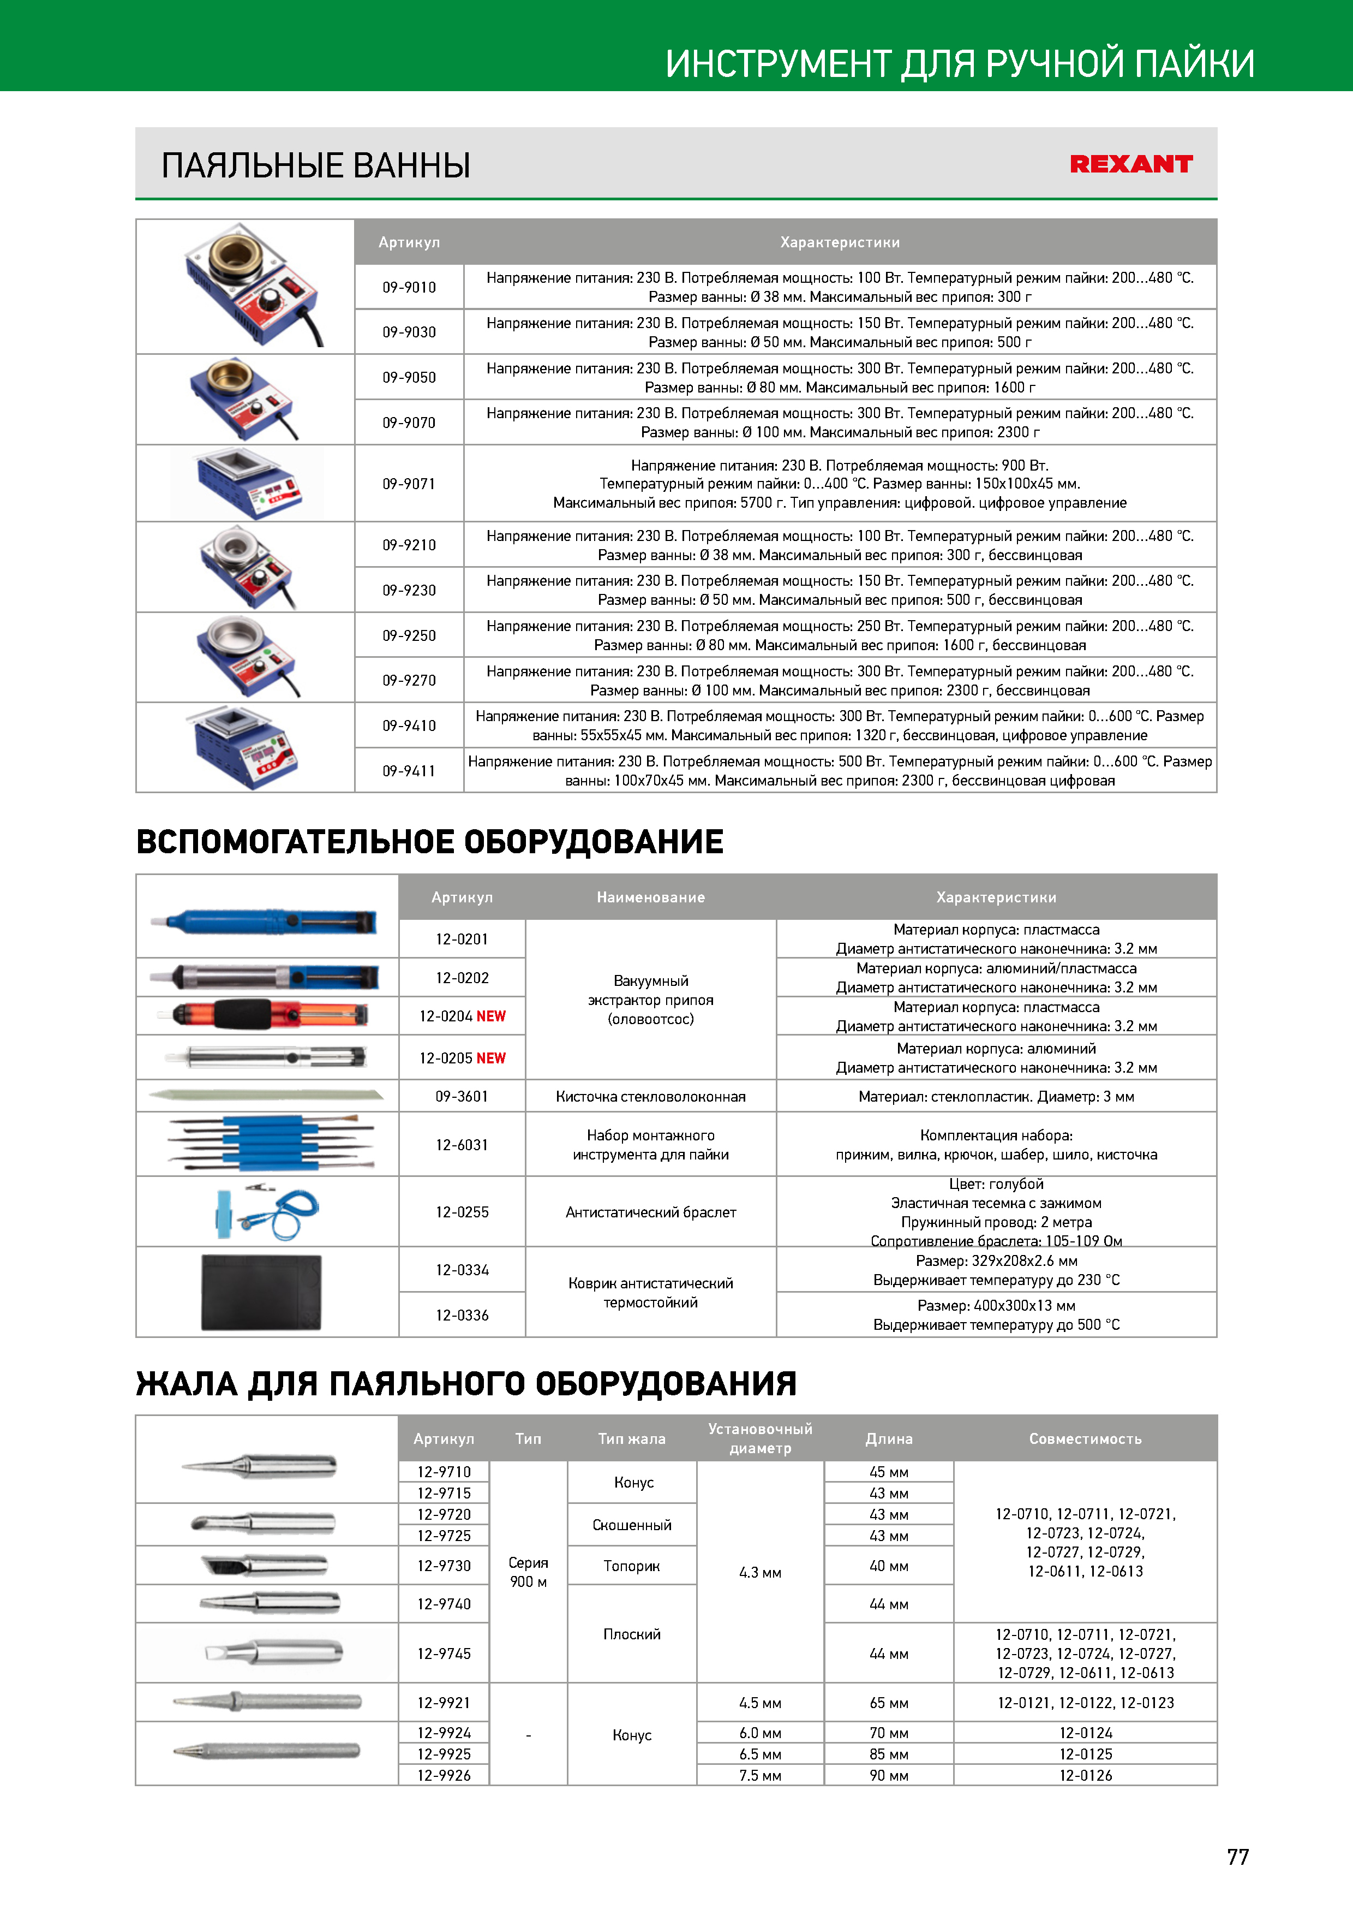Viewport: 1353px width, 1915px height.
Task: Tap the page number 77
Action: tap(1237, 1857)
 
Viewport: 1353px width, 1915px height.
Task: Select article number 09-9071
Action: tap(409, 484)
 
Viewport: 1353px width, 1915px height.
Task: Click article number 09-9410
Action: tap(409, 725)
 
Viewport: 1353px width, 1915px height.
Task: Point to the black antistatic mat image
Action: tap(261, 1292)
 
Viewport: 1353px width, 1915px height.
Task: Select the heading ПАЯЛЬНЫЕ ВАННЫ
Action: tap(316, 165)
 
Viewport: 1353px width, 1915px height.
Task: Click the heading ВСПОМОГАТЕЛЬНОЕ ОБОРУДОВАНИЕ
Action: tap(429, 842)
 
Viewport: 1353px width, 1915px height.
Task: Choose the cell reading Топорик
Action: tap(631, 1566)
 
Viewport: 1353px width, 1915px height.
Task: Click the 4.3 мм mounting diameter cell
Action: tap(759, 1572)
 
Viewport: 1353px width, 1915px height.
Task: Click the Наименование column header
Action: tap(650, 897)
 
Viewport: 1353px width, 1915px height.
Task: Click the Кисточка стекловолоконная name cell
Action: tap(650, 1097)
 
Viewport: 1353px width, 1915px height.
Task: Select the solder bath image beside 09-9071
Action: tap(247, 483)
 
